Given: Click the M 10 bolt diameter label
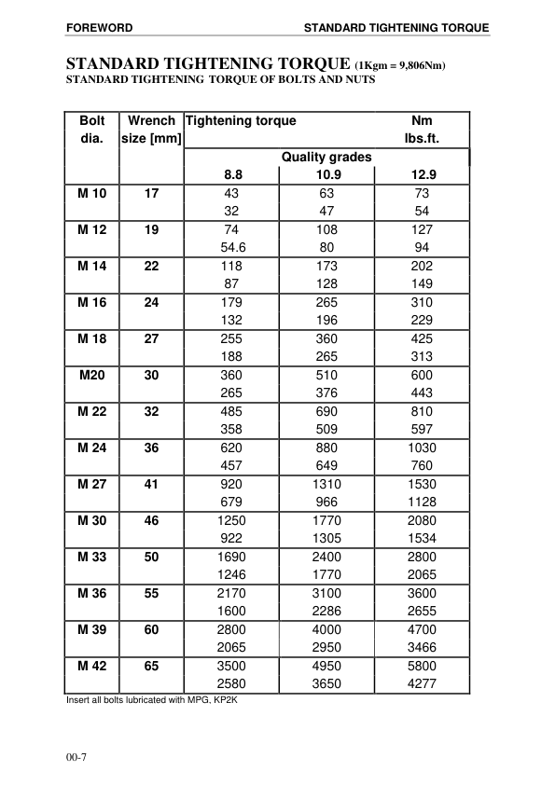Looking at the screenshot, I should (x=91, y=193).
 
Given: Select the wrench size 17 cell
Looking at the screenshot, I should (x=151, y=193).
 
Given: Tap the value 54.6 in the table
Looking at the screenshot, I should (x=232, y=247).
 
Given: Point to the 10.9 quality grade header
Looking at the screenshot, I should (x=326, y=174).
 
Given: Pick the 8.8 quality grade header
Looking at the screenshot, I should (x=232, y=174).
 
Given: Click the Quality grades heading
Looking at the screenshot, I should (x=326, y=157).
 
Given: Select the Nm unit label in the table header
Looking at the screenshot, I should (x=423, y=121).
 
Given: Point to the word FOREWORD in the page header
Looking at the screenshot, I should (x=96, y=28).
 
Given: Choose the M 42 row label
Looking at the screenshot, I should (x=91, y=666).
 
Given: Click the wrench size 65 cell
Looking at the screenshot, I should (x=151, y=666).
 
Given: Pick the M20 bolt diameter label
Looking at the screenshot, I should (x=91, y=375).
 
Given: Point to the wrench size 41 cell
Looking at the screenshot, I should (x=151, y=484).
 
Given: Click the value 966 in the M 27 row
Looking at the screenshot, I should (x=326, y=502).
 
